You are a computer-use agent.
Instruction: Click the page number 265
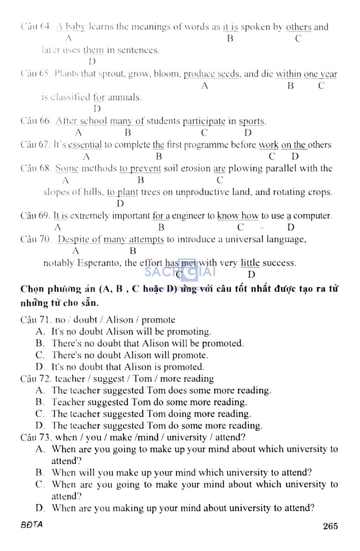[330, 526]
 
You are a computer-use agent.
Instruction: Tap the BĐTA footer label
[32, 524]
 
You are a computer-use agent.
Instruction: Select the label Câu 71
[36, 320]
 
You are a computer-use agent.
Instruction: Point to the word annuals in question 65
[124, 97]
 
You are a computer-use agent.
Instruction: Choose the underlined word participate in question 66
[204, 121]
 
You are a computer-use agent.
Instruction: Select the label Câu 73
[36, 437]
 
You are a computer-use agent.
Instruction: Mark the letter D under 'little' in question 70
[251, 275]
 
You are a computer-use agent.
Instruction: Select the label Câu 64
[36, 27]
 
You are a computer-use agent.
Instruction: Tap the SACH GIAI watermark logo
[180, 272]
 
